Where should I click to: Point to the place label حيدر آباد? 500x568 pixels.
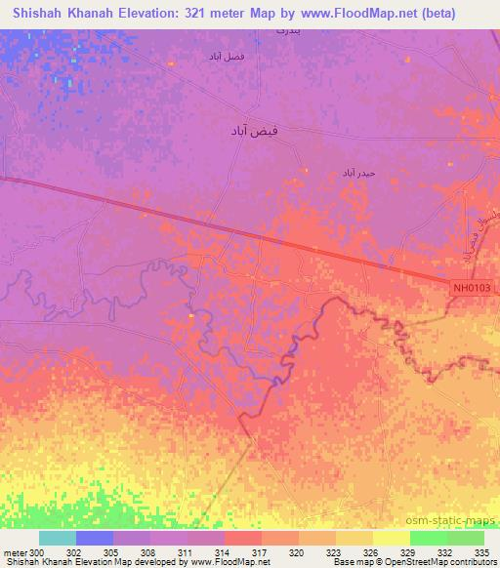click(x=358, y=172)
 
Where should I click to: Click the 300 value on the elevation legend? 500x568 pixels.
click(x=37, y=552)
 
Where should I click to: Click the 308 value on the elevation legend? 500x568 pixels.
click(x=149, y=552)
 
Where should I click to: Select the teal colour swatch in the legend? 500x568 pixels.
click(x=57, y=538)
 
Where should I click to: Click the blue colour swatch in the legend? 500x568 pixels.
click(x=94, y=538)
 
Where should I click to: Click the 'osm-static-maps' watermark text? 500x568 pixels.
click(x=450, y=519)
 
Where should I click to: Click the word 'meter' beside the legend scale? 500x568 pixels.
click(x=16, y=552)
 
